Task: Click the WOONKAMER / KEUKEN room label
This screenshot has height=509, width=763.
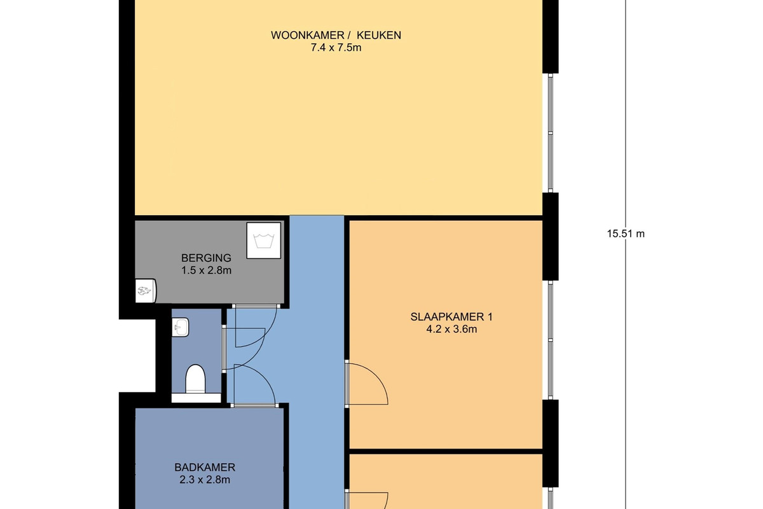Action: tap(336, 35)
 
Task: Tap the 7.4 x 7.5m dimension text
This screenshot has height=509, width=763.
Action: tap(336, 48)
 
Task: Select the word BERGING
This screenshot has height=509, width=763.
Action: tap(206, 258)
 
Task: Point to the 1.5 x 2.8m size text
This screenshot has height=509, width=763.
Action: tap(206, 270)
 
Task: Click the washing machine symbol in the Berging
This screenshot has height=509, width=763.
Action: tap(264, 241)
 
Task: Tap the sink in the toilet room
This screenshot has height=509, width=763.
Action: tap(180, 327)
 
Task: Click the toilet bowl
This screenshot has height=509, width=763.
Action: tap(196, 379)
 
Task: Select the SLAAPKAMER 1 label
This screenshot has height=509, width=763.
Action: tap(451, 317)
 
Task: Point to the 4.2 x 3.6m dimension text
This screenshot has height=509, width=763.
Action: tap(451, 330)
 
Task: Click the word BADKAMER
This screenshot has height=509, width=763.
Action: tap(205, 467)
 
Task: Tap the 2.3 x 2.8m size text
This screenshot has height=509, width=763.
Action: tap(205, 480)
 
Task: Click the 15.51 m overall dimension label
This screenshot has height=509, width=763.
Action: tap(626, 234)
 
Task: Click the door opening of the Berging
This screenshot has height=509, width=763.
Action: tap(256, 306)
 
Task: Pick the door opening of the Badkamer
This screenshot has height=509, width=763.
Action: tap(254, 405)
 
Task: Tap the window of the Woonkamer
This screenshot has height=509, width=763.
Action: tap(550, 133)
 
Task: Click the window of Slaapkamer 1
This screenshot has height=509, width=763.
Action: tap(550, 340)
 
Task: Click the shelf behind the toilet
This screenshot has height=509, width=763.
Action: tap(196, 398)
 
